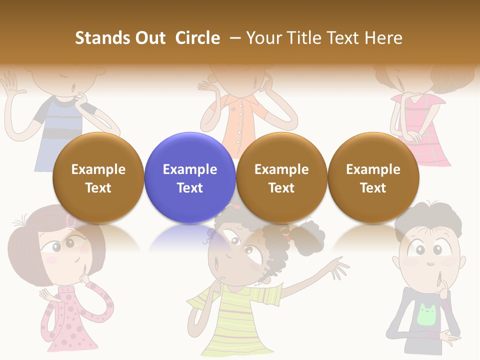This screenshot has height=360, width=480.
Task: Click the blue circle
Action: click(x=189, y=177)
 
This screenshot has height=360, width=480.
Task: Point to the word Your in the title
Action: click(x=262, y=38)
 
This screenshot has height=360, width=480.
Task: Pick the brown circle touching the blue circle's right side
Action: click(x=281, y=177)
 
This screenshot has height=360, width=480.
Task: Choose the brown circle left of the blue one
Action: click(x=98, y=177)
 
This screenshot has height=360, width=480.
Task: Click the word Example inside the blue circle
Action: click(x=189, y=169)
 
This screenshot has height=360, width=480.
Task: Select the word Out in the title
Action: click(x=149, y=38)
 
